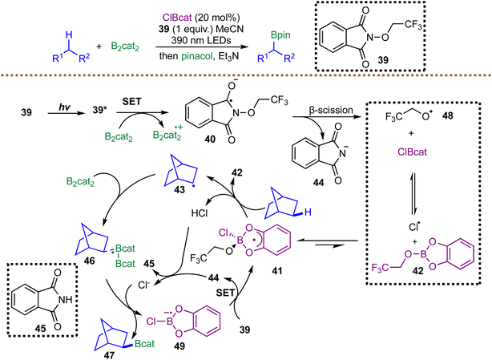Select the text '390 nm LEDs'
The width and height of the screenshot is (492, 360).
pyautogui.click(x=201, y=40)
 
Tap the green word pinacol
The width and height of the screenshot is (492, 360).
pyautogui.click(x=196, y=56)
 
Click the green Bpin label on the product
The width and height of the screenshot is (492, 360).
pyautogui.click(x=280, y=34)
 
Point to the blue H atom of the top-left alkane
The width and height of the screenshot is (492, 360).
pyautogui.click(x=69, y=34)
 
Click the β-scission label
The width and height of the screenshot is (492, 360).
pyautogui.click(x=331, y=110)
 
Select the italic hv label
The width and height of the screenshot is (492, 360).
pyautogui.click(x=64, y=107)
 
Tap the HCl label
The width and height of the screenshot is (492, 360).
pyautogui.click(x=200, y=213)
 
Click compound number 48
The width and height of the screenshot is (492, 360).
pyautogui.click(x=447, y=115)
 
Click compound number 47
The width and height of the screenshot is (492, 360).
pyautogui.click(x=109, y=355)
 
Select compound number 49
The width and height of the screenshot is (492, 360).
pyautogui.click(x=179, y=346)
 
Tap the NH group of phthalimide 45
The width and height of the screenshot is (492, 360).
pyautogui.click(x=65, y=300)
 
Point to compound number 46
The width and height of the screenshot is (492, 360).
pyautogui.click(x=89, y=261)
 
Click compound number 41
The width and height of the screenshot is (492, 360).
pyautogui.click(x=276, y=270)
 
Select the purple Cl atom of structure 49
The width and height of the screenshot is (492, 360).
pyautogui.click(x=152, y=321)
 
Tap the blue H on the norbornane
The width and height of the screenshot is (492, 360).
pyautogui.click(x=308, y=212)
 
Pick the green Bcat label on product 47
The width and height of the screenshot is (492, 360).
pyautogui.click(x=145, y=344)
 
